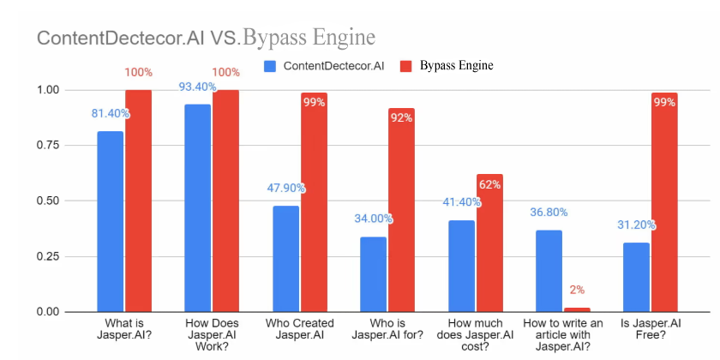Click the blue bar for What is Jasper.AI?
click(110, 221)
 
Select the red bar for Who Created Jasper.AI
click(314, 202)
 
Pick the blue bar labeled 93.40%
click(198, 207)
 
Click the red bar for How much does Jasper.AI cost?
click(489, 243)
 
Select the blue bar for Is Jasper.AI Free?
click(636, 277)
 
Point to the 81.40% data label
click(110, 113)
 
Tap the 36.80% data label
click(549, 213)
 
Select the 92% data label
click(401, 117)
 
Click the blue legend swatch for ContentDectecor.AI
click(271, 66)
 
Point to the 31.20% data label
click(636, 225)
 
